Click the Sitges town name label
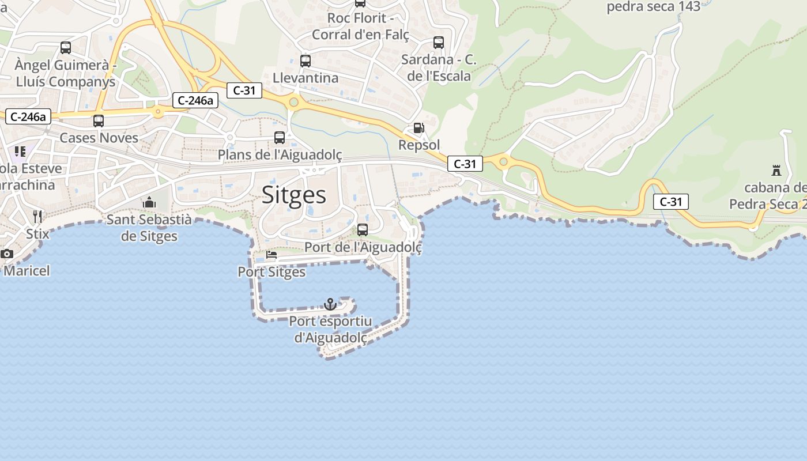pos(294,195)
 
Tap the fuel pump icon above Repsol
pos(418,128)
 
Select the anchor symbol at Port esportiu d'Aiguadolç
pos(330,304)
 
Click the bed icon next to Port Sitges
pos(271,255)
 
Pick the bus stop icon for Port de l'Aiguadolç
pos(363,229)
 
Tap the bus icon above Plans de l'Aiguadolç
pos(280,137)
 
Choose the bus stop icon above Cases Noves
pos(99,121)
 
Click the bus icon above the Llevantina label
pos(306,61)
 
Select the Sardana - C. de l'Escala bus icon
pos(439,42)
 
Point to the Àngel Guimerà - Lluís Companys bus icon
pos(66,48)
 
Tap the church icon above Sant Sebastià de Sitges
pos(149,202)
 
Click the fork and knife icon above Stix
pos(38,217)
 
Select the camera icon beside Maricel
pos(7,254)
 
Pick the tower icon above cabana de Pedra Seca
pos(776,171)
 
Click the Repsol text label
pos(419,145)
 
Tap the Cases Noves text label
pos(99,138)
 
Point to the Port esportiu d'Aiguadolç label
pos(330,330)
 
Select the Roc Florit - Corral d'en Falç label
pos(360,27)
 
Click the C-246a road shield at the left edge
pos(28,116)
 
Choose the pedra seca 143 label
pos(654,7)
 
